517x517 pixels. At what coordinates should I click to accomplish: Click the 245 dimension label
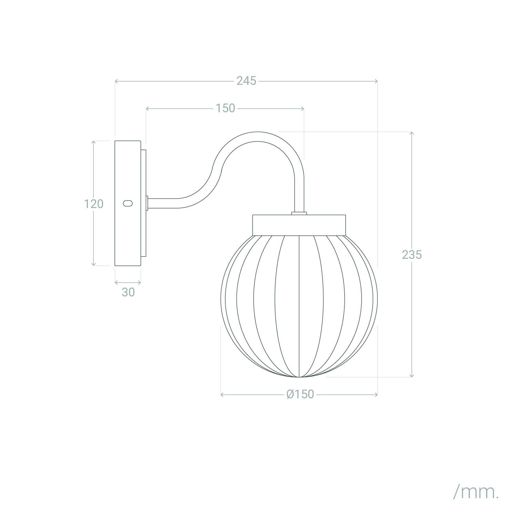[x=246, y=81]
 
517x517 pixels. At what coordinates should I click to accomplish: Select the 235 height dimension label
[x=412, y=255]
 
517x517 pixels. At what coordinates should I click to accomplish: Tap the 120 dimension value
[x=93, y=204]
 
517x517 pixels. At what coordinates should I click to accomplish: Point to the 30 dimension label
[x=128, y=292]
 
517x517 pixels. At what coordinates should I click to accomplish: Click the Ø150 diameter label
[x=300, y=394]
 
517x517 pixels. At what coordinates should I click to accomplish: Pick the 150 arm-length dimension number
[x=225, y=108]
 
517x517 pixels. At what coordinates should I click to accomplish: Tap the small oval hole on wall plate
[x=128, y=203]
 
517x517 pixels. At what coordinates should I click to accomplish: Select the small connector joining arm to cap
[x=299, y=213]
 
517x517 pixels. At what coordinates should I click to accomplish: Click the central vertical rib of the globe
[x=299, y=303]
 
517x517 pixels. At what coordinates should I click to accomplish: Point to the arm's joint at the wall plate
[x=147, y=203]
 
